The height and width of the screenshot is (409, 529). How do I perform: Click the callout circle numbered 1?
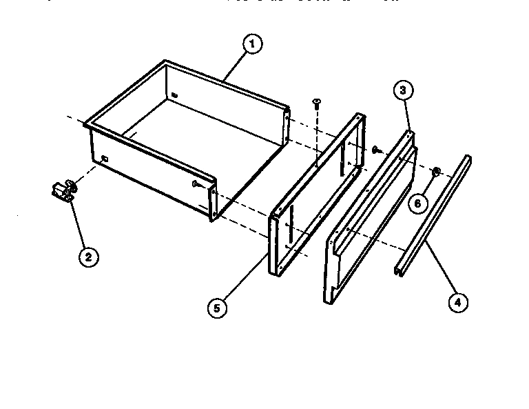tap(252, 45)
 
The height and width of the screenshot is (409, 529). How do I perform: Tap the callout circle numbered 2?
tap(87, 257)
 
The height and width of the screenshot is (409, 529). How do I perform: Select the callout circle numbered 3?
tap(404, 91)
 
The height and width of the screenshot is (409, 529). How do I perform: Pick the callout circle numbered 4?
tap(456, 301)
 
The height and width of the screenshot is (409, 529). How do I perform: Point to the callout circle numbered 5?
tap(217, 308)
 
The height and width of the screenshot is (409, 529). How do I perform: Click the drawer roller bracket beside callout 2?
tap(64, 190)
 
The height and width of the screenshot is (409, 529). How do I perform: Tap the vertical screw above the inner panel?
tap(317, 103)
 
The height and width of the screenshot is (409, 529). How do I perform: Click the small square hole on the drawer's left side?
tap(105, 159)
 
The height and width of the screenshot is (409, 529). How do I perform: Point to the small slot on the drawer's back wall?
tap(175, 94)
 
